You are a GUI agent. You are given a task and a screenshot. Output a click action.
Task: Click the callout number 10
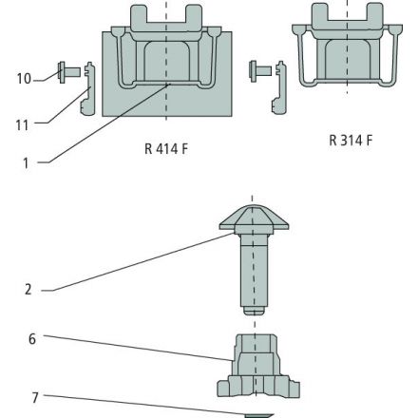24,79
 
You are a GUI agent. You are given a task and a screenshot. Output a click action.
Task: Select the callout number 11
22,125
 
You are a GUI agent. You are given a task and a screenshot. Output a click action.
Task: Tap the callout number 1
26,163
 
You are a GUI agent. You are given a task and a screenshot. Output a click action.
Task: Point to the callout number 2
28,290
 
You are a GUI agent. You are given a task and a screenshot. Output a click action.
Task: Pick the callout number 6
32,339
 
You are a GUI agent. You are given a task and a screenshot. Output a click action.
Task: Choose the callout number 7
35,398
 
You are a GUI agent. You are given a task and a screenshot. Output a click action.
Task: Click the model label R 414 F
166,148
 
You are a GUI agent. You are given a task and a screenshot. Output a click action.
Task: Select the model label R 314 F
351,140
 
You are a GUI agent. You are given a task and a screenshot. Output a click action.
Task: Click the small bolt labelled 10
69,72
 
